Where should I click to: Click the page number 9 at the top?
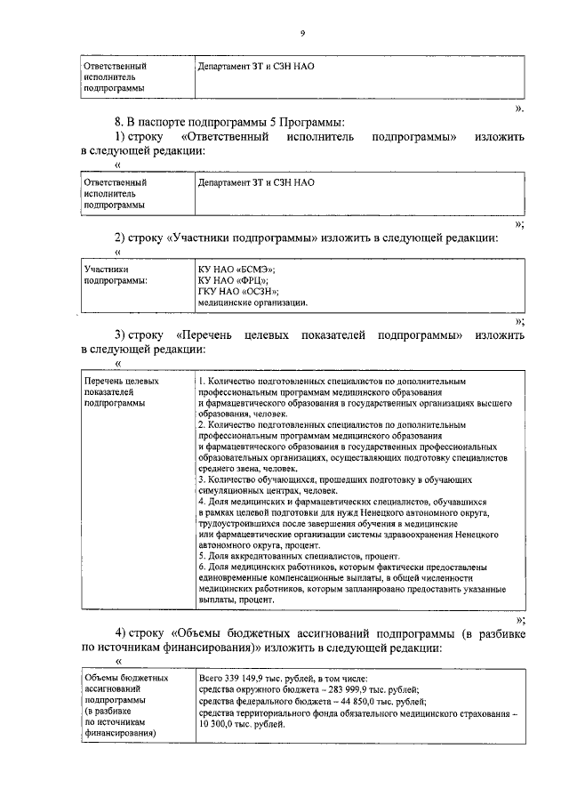pyautogui.click(x=302, y=33)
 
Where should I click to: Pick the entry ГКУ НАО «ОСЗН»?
pyautogui.click(x=238, y=291)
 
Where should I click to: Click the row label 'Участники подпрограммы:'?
pyautogui.click(x=116, y=274)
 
